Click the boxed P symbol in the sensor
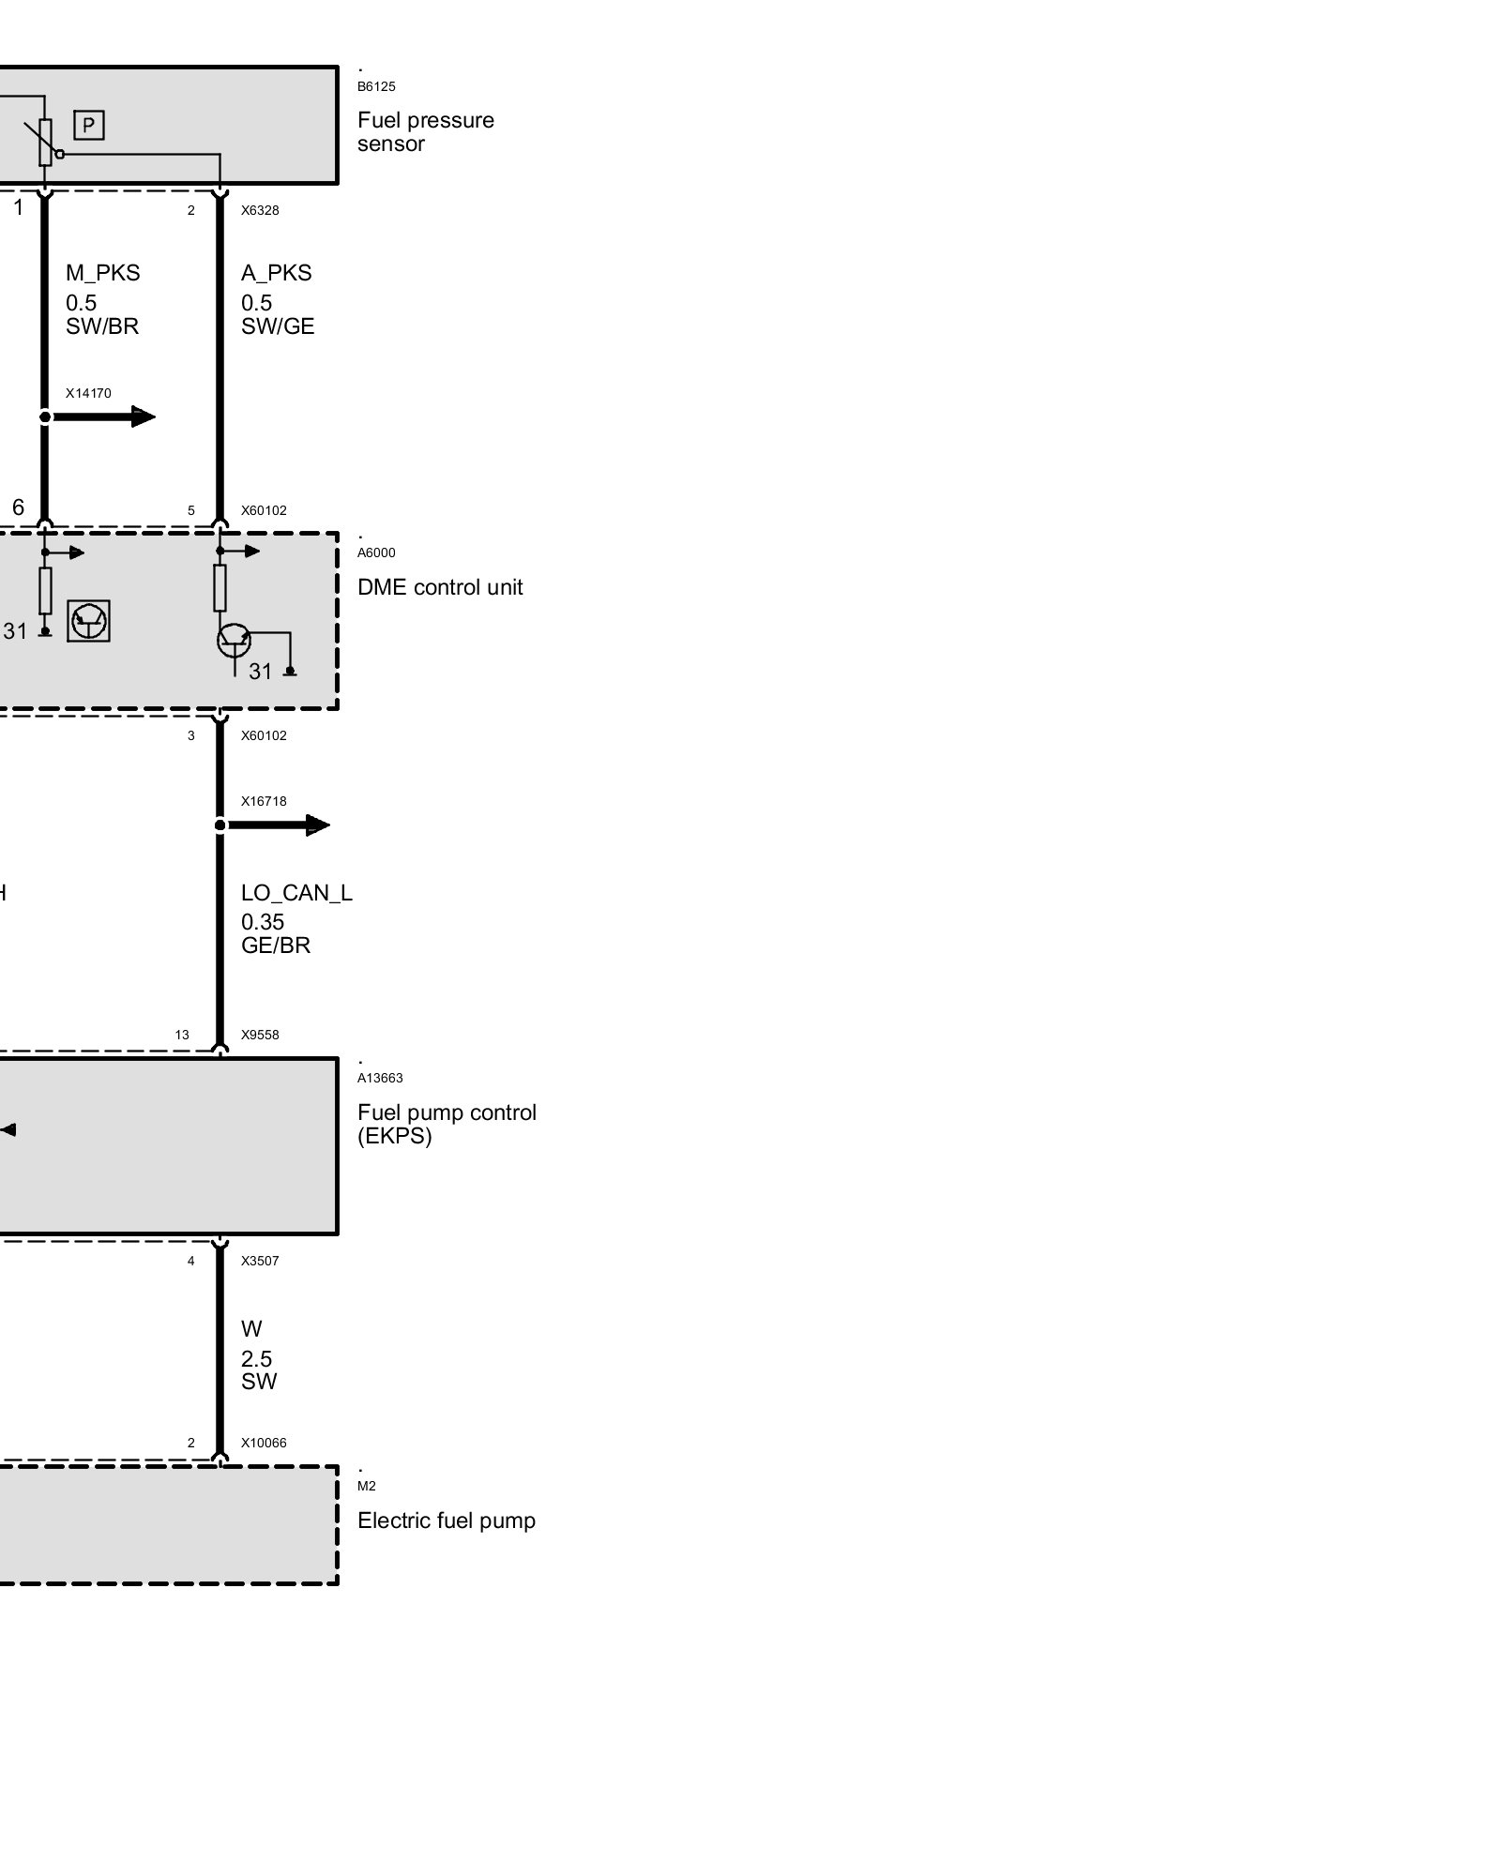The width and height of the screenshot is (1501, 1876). tap(89, 125)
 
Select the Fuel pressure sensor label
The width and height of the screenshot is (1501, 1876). tap(425, 132)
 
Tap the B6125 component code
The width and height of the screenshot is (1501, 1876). tap(376, 87)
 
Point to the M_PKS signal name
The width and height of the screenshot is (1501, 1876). tap(102, 273)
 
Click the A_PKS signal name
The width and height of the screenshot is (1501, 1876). tap(276, 273)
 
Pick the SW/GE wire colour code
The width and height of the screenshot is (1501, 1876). tap(278, 326)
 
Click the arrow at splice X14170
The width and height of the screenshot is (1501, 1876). tap(141, 416)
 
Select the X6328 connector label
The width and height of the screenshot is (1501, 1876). tap(260, 210)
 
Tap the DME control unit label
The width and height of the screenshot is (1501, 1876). tap(440, 587)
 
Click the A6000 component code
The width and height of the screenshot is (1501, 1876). tap(376, 553)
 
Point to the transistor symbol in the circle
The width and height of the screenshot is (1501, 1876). tap(234, 641)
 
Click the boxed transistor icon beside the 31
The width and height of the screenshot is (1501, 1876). tap(89, 621)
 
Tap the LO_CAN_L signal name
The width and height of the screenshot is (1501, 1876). tap(296, 893)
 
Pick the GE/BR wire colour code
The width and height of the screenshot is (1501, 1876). tap(275, 946)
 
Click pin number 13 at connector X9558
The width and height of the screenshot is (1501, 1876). tap(182, 1036)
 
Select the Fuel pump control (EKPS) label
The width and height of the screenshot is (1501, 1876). tap(447, 1124)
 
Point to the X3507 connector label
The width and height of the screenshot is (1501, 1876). tap(260, 1261)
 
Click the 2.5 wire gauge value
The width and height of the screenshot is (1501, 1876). tap(256, 1358)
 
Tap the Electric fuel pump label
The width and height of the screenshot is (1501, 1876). tap(446, 1520)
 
